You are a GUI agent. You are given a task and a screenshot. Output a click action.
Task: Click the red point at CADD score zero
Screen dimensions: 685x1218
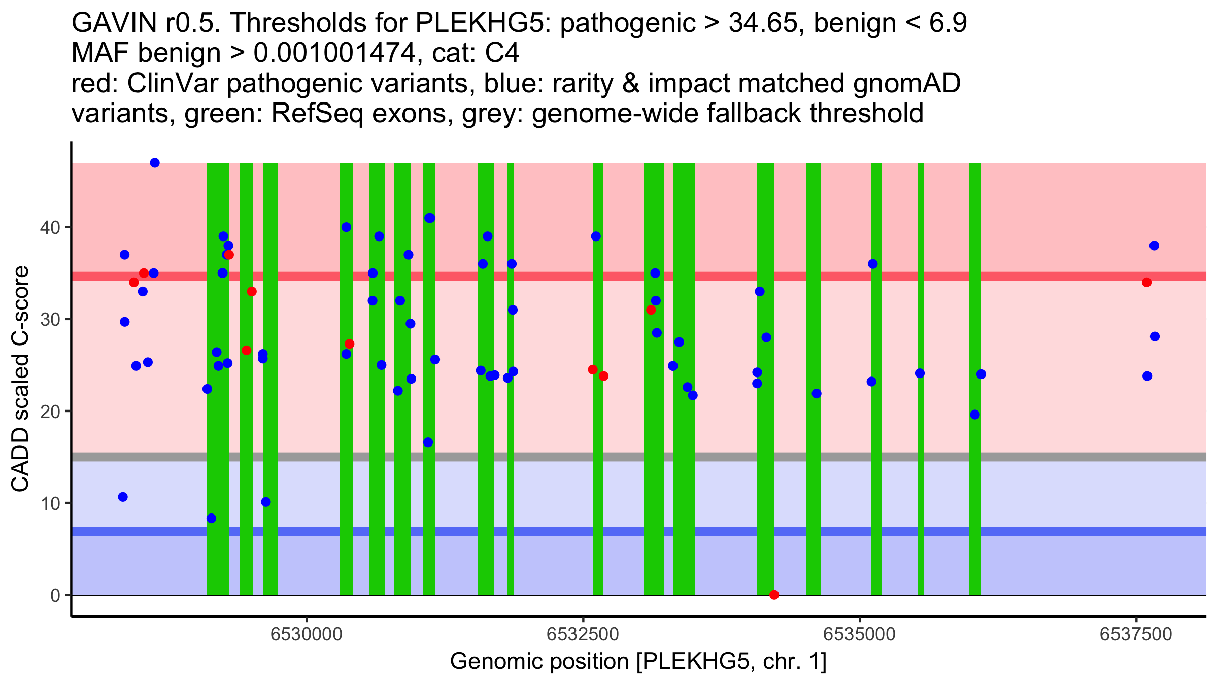pos(774,595)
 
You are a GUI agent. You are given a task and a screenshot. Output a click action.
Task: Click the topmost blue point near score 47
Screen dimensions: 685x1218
pos(155,163)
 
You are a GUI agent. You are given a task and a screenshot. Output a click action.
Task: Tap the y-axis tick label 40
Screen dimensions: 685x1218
pos(49,227)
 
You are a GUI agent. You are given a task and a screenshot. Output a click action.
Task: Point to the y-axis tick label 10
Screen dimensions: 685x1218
pos(49,503)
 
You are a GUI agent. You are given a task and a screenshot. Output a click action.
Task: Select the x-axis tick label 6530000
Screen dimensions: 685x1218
pos(307,634)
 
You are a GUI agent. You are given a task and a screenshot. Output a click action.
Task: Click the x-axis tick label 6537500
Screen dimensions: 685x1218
pos(1136,634)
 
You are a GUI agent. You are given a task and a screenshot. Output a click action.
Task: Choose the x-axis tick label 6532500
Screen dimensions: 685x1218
pos(583,634)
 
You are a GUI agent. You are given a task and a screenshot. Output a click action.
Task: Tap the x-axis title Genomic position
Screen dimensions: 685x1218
pos(638,662)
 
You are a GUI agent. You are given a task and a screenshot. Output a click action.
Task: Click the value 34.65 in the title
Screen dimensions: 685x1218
pos(762,23)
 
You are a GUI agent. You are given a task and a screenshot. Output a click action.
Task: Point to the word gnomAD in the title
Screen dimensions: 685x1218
pos(907,83)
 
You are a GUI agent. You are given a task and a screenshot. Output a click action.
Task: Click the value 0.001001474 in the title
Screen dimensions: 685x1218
pos(334,53)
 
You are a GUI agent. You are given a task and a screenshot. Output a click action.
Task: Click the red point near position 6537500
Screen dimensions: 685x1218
pos(1146,282)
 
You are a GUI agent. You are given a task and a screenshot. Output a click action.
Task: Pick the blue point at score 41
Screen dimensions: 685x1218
pos(429,218)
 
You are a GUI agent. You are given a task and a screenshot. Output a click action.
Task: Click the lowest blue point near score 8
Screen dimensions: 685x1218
pos(211,518)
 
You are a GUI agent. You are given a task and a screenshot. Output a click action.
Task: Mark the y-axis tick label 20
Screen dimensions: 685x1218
pos(49,412)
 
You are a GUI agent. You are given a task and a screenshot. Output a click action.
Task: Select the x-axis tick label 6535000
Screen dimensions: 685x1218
pos(860,634)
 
